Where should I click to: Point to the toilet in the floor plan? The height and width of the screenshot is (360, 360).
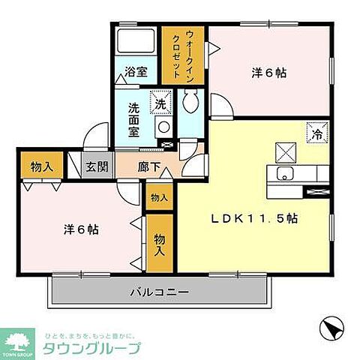(x=192, y=100)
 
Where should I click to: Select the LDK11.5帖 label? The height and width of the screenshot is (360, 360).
(x=254, y=220)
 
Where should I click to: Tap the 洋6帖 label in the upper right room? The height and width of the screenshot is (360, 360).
(x=269, y=73)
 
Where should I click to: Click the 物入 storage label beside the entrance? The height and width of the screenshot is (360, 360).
(x=41, y=166)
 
